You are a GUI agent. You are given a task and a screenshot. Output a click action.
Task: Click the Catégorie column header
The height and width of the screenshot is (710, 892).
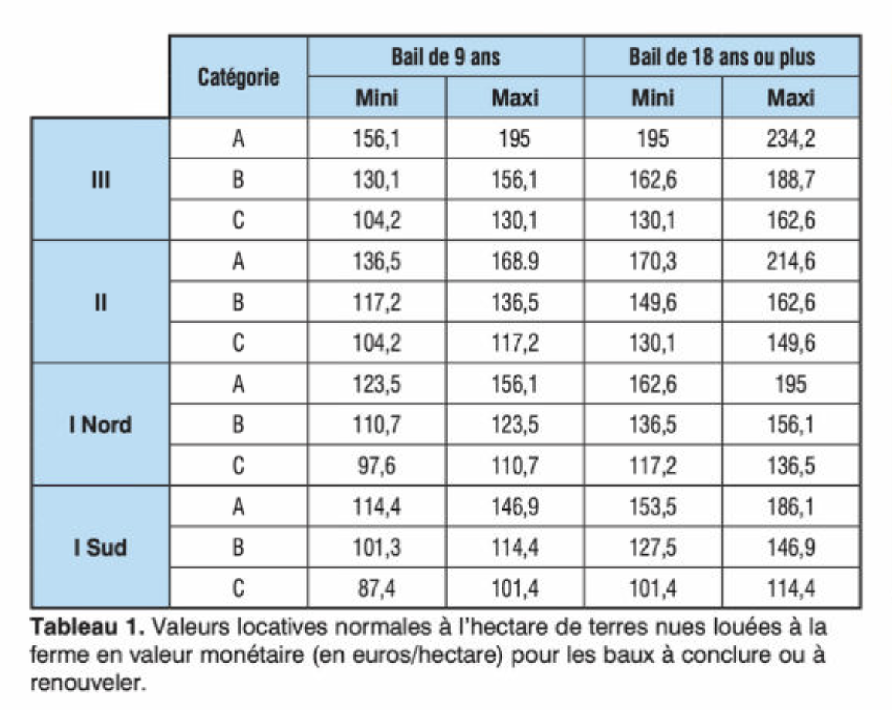(x=238, y=77)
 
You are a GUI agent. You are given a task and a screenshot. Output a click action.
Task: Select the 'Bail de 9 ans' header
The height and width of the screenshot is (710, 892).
(x=445, y=57)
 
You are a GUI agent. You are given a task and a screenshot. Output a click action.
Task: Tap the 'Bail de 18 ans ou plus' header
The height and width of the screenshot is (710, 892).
(x=721, y=57)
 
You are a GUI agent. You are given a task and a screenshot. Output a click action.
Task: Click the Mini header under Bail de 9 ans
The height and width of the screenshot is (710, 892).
(x=377, y=98)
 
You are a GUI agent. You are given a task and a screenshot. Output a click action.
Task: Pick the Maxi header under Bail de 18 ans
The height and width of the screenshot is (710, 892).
(x=790, y=98)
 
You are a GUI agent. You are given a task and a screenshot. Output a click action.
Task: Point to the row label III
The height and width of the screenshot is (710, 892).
(x=100, y=180)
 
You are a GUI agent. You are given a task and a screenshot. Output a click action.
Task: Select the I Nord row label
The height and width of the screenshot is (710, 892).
(x=100, y=425)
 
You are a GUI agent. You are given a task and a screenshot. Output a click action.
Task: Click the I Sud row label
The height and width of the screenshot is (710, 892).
(x=100, y=548)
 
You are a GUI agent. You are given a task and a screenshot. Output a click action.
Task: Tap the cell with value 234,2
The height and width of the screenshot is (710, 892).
(x=790, y=139)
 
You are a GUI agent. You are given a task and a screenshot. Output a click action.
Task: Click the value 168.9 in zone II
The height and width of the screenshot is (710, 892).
(x=514, y=262)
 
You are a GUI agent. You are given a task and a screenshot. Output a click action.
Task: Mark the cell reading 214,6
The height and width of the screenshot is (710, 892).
(x=790, y=262)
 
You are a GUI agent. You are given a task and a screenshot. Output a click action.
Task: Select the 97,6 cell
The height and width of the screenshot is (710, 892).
(x=377, y=466)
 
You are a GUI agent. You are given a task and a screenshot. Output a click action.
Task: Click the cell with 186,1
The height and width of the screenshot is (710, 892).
(x=790, y=507)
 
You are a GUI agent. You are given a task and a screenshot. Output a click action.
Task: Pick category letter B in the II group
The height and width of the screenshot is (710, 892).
(x=238, y=303)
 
